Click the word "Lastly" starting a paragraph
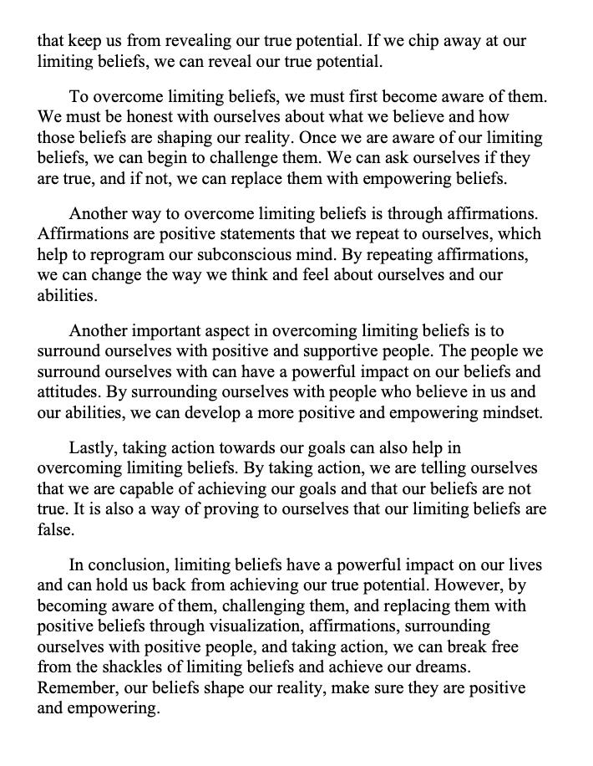(93, 447)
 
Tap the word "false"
(54, 529)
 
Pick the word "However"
(464, 585)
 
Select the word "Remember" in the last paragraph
(73, 687)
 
